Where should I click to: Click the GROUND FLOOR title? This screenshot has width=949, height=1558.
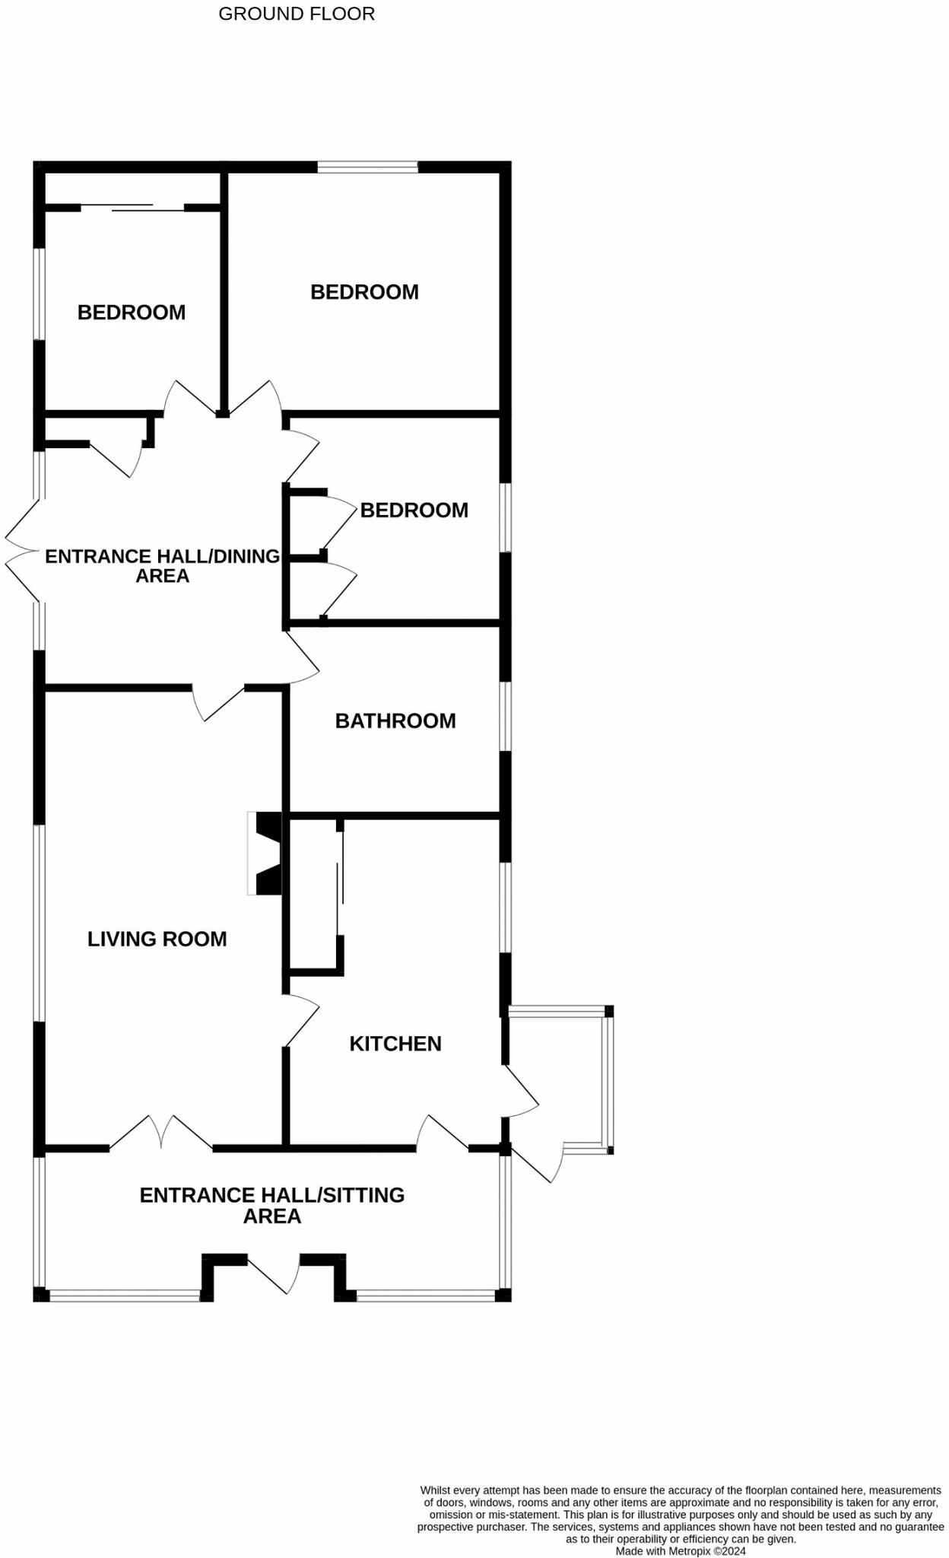tap(297, 14)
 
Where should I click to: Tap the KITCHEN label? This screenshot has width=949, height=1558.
tap(395, 1043)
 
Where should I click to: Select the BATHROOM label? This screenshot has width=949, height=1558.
tap(395, 720)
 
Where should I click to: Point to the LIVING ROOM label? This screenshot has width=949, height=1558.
tap(157, 939)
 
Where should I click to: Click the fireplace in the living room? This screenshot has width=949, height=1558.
tap(265, 853)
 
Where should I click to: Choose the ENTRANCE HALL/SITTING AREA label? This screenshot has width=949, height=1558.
tap(272, 1205)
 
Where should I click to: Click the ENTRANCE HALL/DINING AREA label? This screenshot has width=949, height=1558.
tap(163, 565)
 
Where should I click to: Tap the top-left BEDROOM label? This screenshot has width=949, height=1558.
tap(132, 312)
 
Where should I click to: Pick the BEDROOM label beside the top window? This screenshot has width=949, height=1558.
tap(364, 291)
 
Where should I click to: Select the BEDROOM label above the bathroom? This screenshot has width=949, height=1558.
tap(414, 510)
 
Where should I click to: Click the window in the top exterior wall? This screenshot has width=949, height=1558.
tap(367, 167)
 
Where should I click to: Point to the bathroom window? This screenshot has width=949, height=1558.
tap(505, 716)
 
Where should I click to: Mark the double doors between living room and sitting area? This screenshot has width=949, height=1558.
tap(161, 1133)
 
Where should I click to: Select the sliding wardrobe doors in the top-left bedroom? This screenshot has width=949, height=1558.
tap(133, 206)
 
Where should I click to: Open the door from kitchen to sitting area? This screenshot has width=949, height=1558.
tap(441, 1133)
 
